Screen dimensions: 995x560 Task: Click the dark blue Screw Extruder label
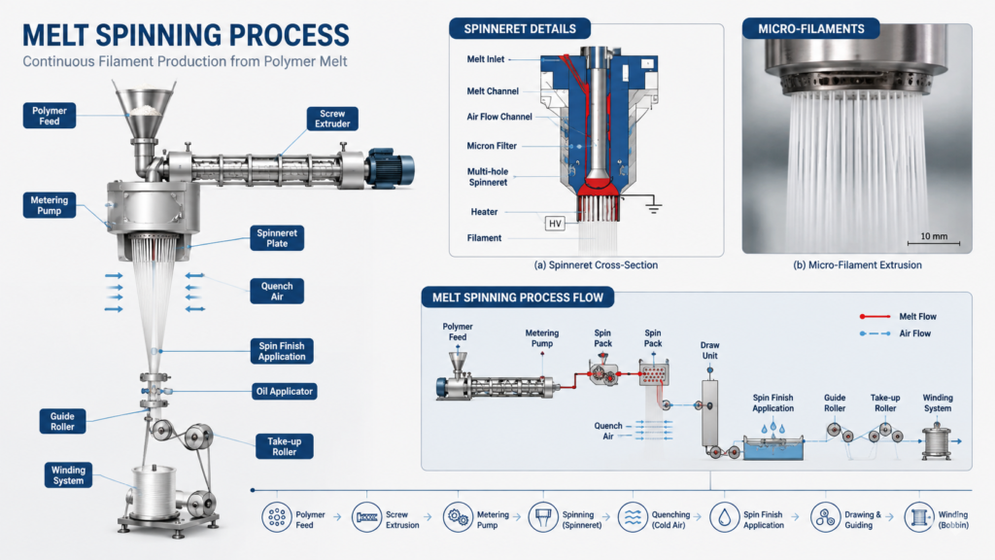(x=332, y=119)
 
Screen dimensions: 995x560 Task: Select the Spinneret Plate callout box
(x=277, y=238)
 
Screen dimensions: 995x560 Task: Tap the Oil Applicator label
(x=285, y=391)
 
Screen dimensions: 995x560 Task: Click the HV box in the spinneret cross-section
(x=555, y=224)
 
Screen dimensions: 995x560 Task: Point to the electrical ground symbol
(x=653, y=206)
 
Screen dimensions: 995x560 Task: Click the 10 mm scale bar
(x=934, y=242)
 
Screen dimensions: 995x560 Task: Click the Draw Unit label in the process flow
(x=710, y=350)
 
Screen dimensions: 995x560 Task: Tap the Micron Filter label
(x=492, y=146)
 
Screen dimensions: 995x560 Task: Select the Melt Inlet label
(x=486, y=59)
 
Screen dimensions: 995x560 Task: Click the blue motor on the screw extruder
(x=391, y=167)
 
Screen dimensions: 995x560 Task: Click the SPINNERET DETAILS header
(x=520, y=28)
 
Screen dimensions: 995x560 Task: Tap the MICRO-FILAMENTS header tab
(x=811, y=28)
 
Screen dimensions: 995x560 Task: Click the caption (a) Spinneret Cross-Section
(x=596, y=265)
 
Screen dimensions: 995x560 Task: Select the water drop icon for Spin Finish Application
(x=724, y=517)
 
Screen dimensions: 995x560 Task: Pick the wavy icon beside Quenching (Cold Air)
(x=633, y=517)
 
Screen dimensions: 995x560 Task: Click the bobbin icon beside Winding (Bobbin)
(x=919, y=517)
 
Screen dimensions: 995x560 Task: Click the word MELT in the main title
(x=54, y=35)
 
